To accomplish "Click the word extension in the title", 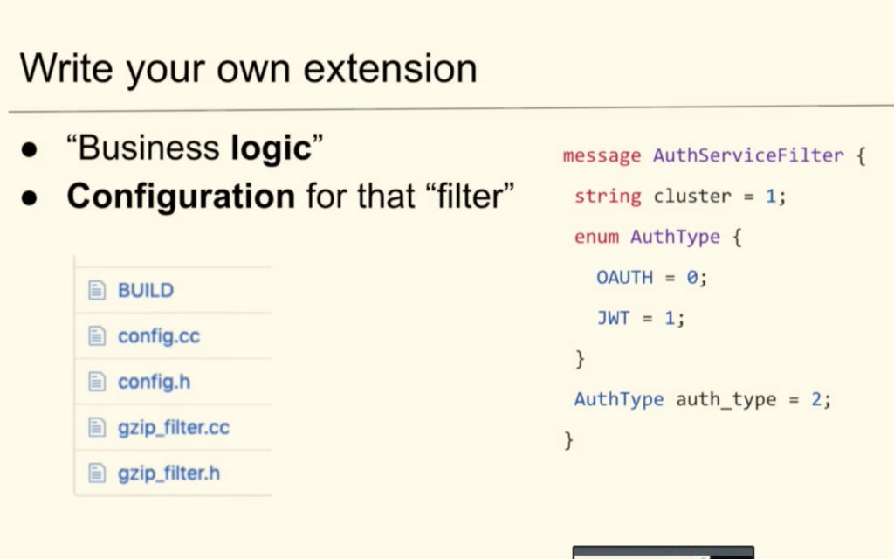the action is coord(390,69).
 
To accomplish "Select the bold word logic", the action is coord(271,148).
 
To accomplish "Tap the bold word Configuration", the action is coord(181,197).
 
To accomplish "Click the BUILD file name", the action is coord(146,290).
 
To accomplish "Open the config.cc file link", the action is coord(159,336).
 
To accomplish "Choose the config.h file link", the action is coord(154,382).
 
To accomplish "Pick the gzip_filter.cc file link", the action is coord(174,428).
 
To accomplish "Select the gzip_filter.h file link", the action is coord(168,473).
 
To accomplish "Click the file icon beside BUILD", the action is coord(97,290).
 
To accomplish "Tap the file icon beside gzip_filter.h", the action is coord(97,473).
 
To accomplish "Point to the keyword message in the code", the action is coord(602,155).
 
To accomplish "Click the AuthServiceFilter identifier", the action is coord(748,155).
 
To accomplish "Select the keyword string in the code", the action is coord(608,197).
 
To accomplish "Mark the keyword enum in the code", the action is coord(595,237).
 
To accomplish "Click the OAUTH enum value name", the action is coord(624,278).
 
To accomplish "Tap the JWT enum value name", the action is coord(613,318).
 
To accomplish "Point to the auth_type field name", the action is coord(726,400).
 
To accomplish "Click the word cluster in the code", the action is coord(692,197).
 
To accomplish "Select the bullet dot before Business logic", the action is coord(29,150).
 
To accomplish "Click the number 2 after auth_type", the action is coord(816,399).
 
